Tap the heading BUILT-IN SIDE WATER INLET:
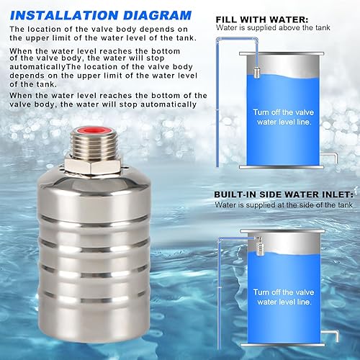[x=284, y=194]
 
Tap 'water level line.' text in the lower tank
[x=284, y=304]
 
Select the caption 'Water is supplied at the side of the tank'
[x=284, y=205]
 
